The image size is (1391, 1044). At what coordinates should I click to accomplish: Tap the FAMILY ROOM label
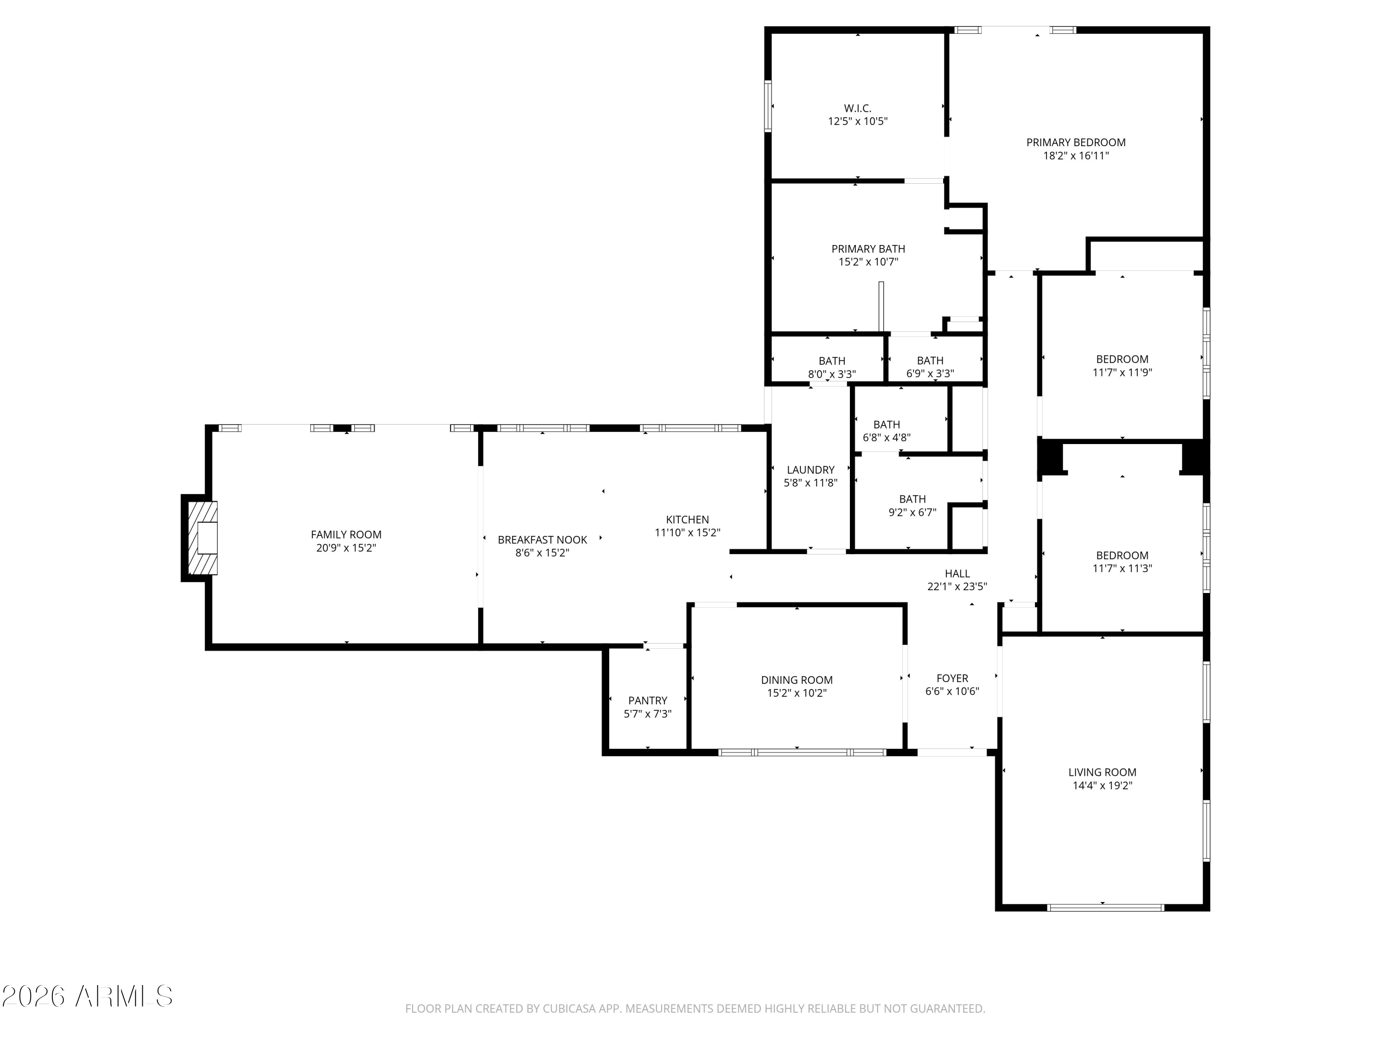point(346,534)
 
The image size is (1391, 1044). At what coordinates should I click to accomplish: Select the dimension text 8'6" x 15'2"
point(542,553)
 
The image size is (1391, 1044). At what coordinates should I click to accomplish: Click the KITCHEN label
point(687,519)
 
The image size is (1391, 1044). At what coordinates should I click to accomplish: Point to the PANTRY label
point(647,700)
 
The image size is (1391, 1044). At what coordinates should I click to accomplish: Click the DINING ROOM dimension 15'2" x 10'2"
point(796,693)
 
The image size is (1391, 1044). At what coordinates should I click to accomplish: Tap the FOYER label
point(952,678)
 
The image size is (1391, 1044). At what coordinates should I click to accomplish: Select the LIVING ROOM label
point(1102,772)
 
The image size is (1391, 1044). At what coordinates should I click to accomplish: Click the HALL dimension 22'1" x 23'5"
point(957,586)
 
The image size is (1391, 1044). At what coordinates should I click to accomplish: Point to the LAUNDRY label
point(810,470)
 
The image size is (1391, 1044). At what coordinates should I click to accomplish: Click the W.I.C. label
point(857,108)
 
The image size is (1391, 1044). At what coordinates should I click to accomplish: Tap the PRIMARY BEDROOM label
point(1075,142)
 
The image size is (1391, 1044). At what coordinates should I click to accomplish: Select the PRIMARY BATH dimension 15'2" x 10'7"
point(868,262)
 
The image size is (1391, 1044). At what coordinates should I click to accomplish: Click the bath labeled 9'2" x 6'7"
point(912,505)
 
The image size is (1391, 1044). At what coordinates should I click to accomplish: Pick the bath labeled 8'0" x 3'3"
point(831,367)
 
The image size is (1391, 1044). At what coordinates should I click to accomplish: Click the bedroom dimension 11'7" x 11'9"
point(1122,372)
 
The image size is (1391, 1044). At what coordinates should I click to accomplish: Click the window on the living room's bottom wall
point(1105,908)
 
